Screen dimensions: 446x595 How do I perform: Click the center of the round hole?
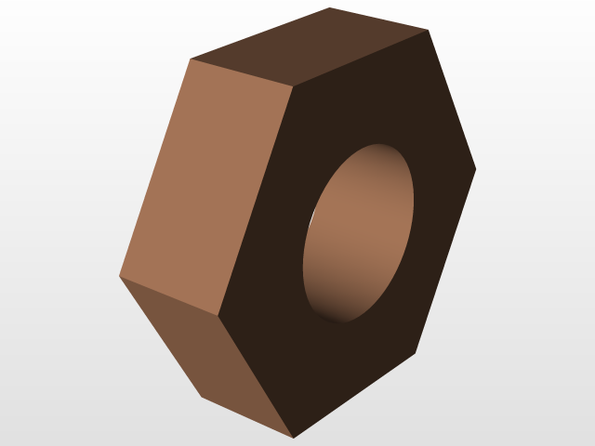click(359, 233)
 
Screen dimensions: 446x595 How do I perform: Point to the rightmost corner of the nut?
click(476, 168)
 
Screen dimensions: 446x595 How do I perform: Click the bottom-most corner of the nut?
click(294, 437)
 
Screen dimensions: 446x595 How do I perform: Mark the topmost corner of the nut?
click(330, 7)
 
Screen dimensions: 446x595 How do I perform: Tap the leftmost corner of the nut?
click(119, 277)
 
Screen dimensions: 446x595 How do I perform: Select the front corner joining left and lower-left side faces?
click(220, 316)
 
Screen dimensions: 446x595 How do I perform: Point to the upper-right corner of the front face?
click(428, 30)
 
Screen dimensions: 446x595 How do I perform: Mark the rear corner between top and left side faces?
click(191, 59)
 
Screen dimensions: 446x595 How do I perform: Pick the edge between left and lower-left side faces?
click(169, 296)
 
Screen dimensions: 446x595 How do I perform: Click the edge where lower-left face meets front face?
click(258, 376)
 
